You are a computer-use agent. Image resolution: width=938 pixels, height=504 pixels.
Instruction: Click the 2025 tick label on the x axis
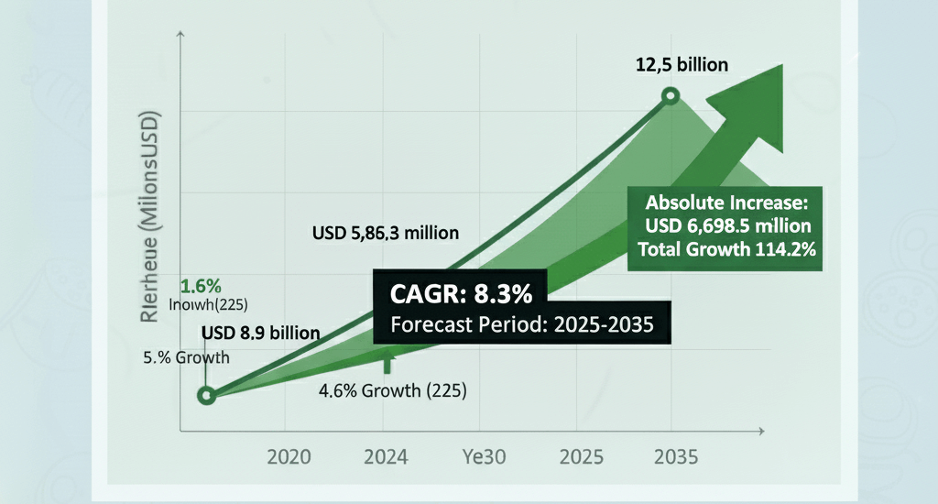coord(581,456)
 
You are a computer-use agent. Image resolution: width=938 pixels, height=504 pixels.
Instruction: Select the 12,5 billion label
coord(682,65)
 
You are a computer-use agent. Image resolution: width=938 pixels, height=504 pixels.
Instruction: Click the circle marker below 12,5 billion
coord(671,95)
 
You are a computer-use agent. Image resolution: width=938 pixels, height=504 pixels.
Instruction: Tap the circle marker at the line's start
coord(207,395)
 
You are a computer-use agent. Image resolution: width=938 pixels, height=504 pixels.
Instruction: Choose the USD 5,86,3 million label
coord(386,233)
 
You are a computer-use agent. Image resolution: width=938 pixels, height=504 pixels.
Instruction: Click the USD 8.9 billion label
coord(261,332)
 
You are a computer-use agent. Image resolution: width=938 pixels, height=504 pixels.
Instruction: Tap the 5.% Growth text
coord(186,357)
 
